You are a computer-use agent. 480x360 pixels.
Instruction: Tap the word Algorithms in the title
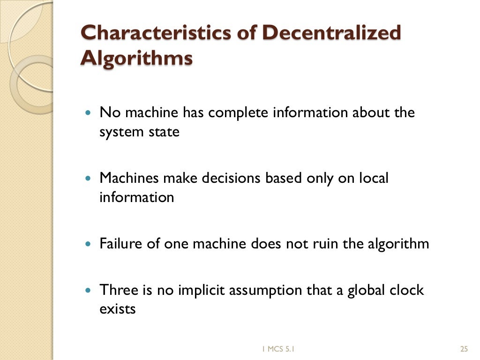click(136, 59)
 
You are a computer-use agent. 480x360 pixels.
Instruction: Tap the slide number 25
click(465, 348)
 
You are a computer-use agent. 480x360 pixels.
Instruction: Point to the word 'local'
click(373, 179)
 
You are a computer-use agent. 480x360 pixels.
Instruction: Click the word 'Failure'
click(120, 244)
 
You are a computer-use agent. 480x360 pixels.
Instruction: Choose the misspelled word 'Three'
click(117, 291)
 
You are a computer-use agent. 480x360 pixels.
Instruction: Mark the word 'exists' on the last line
click(117, 309)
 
